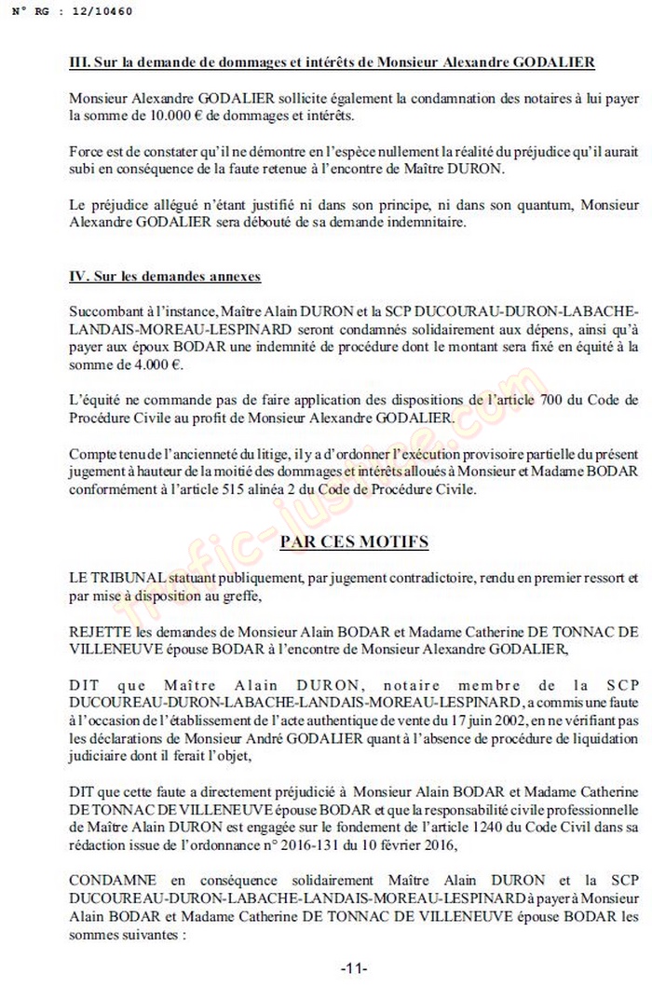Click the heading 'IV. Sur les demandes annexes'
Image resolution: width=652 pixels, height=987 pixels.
pos(165,277)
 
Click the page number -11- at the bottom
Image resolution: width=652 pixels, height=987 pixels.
pos(354,968)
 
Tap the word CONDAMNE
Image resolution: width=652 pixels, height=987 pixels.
pos(104,879)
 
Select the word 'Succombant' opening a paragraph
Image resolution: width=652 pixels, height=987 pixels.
pos(108,308)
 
